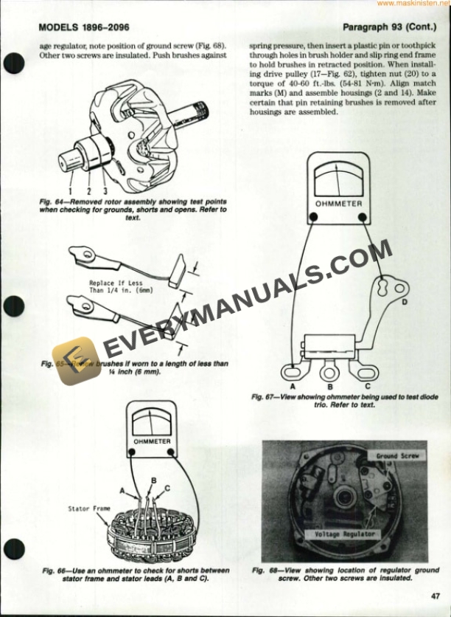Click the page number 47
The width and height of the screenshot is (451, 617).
(x=436, y=596)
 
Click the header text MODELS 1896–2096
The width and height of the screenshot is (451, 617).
(x=84, y=28)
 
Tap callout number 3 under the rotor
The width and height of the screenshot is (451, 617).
(x=105, y=193)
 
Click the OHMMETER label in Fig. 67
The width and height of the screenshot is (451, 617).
(x=338, y=202)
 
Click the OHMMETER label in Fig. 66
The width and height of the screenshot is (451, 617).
(x=152, y=441)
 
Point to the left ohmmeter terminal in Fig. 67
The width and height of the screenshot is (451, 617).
(x=313, y=216)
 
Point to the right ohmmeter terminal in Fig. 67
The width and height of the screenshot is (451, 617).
(x=363, y=216)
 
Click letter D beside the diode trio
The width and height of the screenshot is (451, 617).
(x=405, y=301)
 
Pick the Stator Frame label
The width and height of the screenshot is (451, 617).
(x=89, y=509)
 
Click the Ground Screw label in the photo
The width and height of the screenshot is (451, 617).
(x=397, y=456)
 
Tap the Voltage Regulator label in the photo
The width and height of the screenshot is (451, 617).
(x=345, y=534)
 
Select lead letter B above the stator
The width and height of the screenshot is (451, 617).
(x=153, y=480)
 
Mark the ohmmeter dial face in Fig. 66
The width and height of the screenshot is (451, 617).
(x=152, y=421)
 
